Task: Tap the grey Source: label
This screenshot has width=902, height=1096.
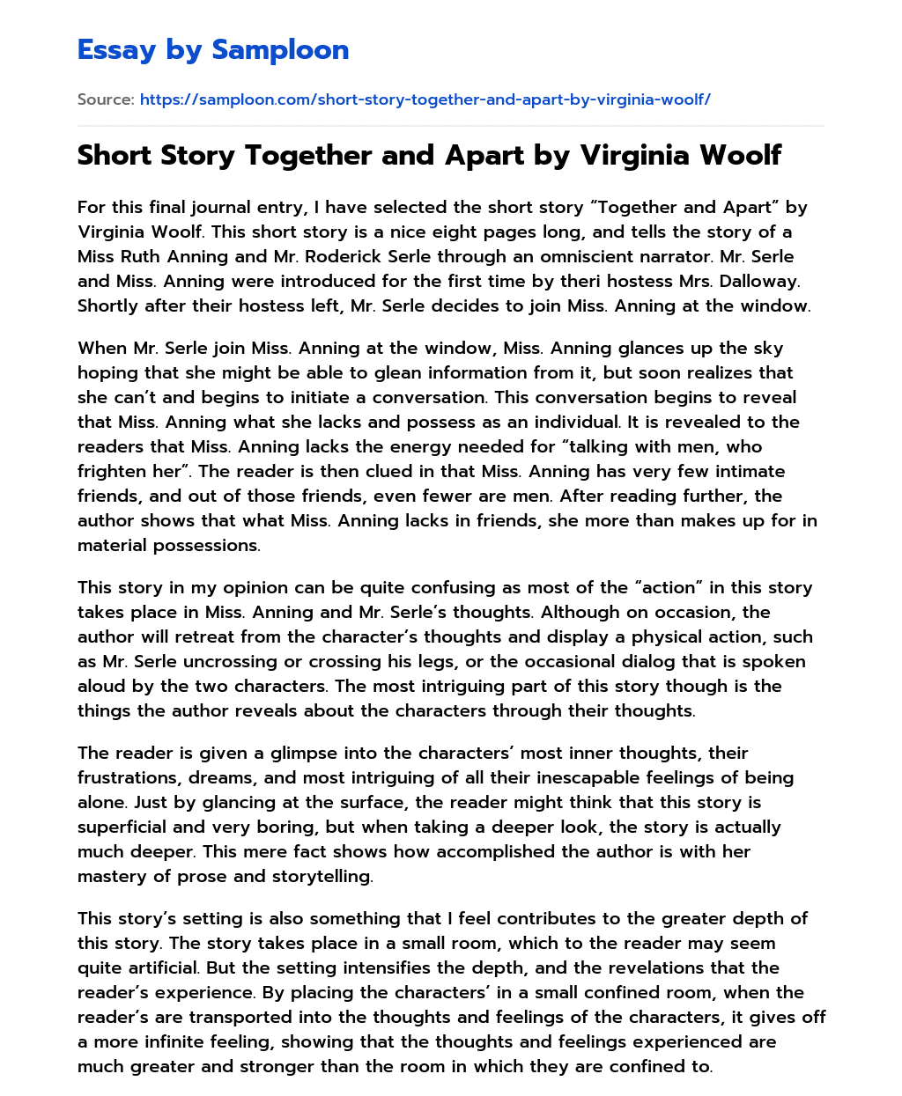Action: coord(106,99)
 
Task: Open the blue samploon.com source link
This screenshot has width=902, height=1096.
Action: coord(425,99)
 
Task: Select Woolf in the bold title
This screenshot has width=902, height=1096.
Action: coord(737,155)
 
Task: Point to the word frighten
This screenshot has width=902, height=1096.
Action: coord(112,472)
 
